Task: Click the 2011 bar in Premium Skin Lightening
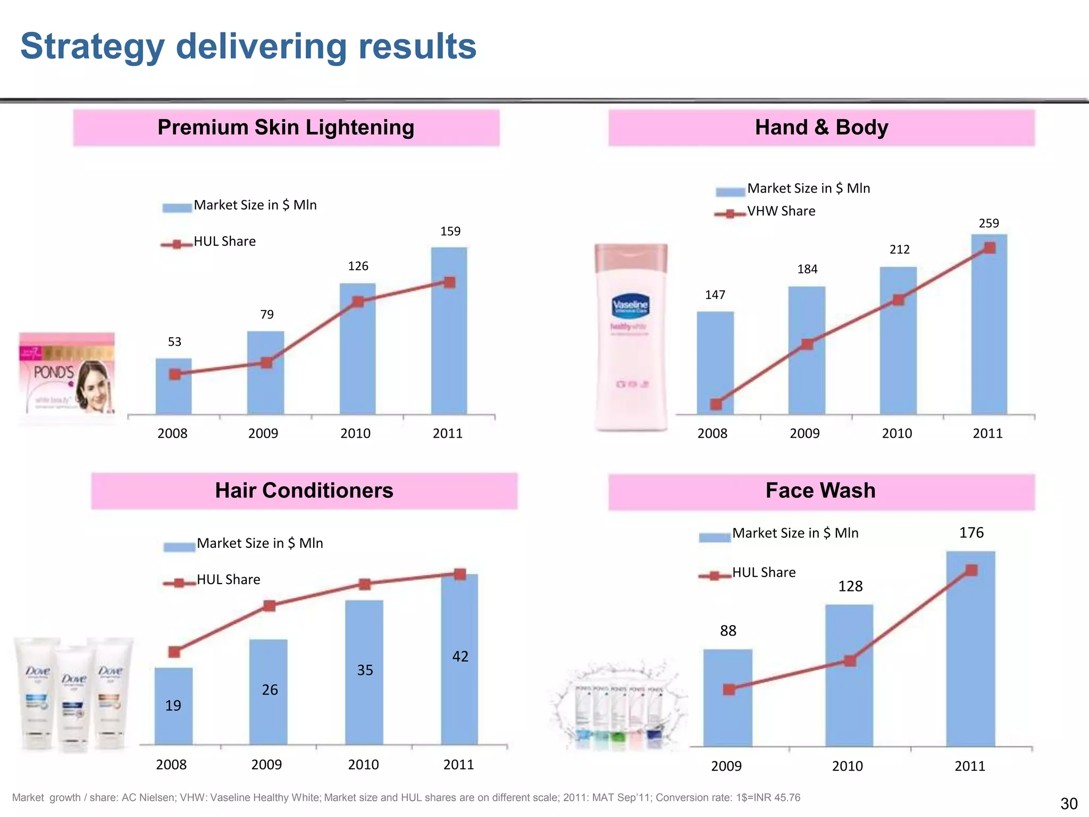[x=449, y=346]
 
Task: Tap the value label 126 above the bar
[x=358, y=266]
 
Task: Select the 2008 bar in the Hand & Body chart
[x=715, y=367]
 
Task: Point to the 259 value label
[x=989, y=223]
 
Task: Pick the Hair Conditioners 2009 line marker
[x=270, y=606]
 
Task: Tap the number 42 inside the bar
[x=460, y=656]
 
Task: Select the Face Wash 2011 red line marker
[x=971, y=570]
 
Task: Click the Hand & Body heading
[x=821, y=128]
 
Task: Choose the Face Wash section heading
[x=820, y=490]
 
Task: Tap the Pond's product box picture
[x=67, y=378]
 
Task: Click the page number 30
[x=1068, y=803]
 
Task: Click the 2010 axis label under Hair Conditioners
[x=363, y=765]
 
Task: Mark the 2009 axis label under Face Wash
[x=726, y=766]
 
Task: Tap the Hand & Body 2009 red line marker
[x=807, y=344]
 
